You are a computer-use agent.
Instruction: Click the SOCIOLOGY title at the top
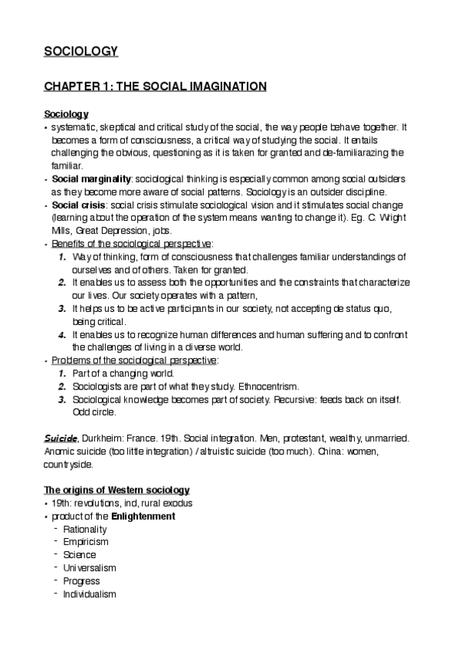(x=80, y=52)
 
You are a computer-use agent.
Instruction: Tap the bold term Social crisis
(x=77, y=206)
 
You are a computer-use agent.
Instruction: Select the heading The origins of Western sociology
(x=116, y=490)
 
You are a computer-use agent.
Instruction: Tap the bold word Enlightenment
(x=143, y=516)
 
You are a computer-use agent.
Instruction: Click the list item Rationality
(x=85, y=529)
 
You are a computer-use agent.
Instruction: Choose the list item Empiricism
(x=86, y=542)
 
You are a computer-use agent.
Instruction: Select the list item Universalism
(x=90, y=568)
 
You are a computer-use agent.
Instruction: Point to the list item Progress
(x=82, y=581)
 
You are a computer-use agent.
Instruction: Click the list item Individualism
(x=90, y=594)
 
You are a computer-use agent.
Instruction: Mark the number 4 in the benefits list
(x=63, y=334)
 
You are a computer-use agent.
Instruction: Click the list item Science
(x=80, y=555)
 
